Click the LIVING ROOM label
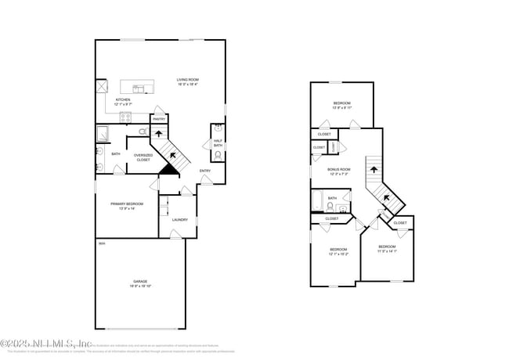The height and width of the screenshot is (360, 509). (187, 80)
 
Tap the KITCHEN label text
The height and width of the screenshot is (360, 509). (123, 100)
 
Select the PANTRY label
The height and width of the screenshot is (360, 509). (158, 119)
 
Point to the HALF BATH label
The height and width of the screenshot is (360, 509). (218, 142)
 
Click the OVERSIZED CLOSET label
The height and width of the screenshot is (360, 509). (143, 157)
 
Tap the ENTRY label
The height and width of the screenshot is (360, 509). (204, 171)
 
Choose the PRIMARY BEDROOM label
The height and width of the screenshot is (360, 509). (122, 203)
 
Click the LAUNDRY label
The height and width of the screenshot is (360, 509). (179, 220)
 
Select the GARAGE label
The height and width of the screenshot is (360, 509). (139, 281)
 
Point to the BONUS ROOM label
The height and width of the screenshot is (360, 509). (339, 169)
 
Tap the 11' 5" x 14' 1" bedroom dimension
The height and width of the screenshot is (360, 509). (387, 251)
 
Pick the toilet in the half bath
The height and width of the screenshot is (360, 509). (217, 155)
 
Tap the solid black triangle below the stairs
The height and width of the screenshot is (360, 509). (167, 167)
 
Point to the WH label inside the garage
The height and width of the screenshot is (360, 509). (101, 244)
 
